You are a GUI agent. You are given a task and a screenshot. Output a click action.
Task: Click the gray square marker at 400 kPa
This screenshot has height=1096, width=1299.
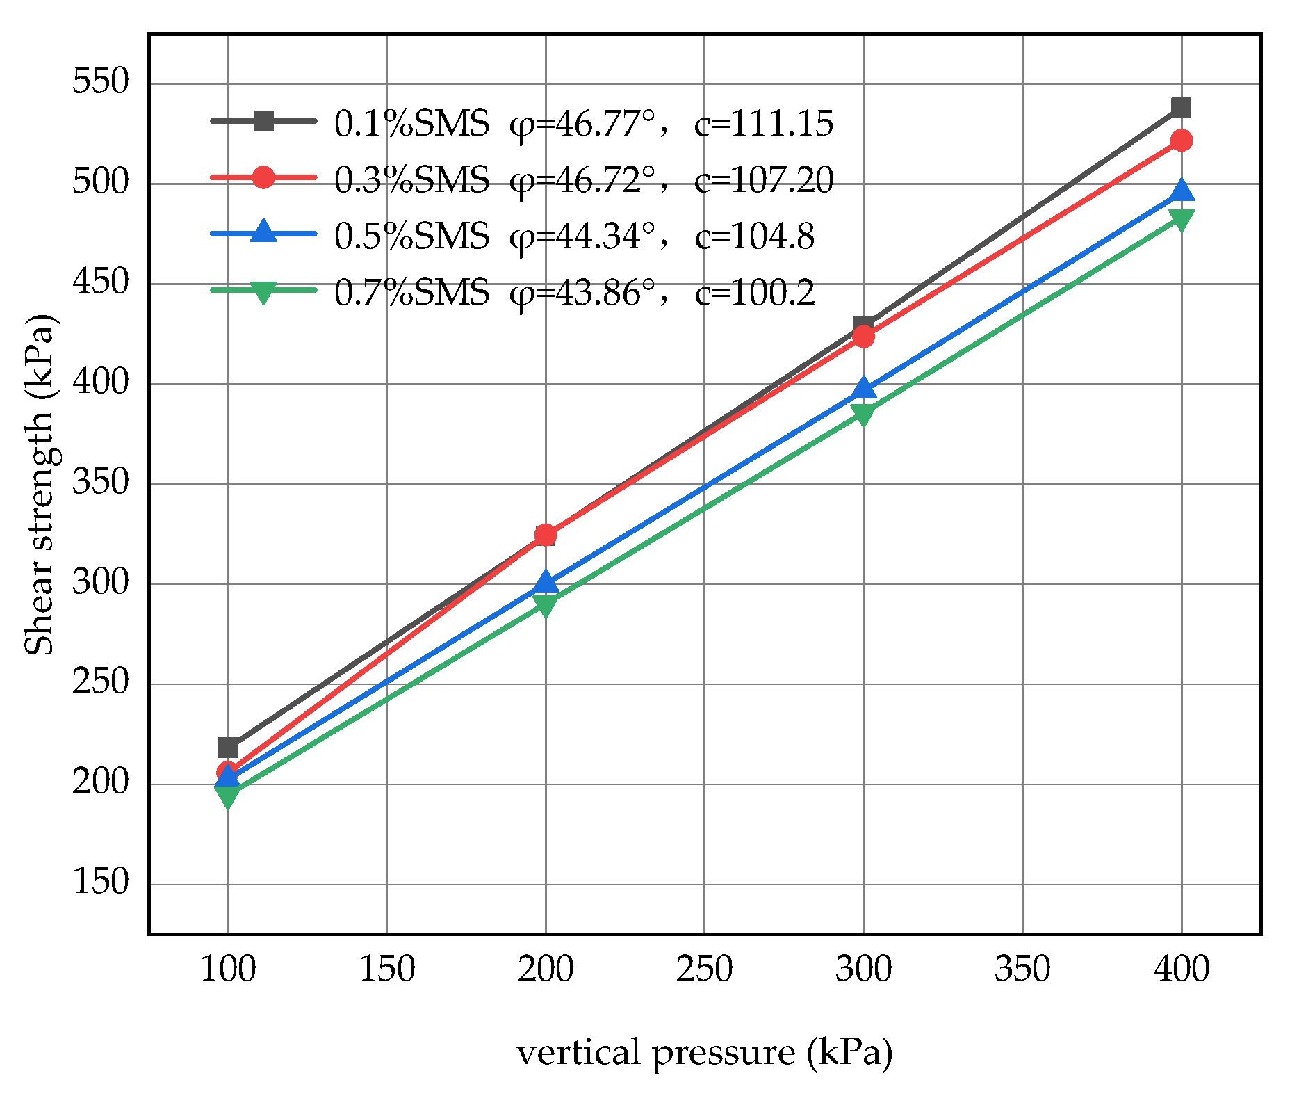click(x=1181, y=108)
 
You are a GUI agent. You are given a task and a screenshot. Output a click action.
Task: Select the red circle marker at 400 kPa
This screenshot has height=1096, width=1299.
click(x=1181, y=141)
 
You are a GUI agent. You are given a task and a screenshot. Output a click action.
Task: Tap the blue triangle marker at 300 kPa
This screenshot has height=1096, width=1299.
click(x=863, y=388)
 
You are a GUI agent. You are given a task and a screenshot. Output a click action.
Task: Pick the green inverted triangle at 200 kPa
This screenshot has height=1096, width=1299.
click(x=546, y=605)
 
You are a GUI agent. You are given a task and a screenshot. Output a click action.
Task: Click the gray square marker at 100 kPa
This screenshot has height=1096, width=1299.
click(x=228, y=748)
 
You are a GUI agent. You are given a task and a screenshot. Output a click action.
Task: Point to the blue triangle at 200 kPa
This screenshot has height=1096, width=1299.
click(x=546, y=581)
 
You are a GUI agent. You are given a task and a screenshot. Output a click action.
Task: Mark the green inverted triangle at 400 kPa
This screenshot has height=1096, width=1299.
click(x=1181, y=220)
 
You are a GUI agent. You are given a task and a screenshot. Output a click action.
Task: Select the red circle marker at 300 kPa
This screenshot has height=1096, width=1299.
click(x=863, y=337)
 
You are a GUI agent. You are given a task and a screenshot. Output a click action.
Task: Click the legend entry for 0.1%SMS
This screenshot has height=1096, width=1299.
click(x=411, y=124)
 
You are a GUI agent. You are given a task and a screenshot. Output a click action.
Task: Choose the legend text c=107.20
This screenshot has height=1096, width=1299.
click(x=763, y=180)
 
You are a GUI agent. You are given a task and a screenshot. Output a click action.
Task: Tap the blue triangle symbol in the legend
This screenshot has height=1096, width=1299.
click(x=263, y=232)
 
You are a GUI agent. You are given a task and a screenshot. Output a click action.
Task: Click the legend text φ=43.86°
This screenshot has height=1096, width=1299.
click(x=582, y=293)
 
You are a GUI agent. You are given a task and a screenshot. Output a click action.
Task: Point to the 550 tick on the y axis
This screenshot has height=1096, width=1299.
click(x=101, y=83)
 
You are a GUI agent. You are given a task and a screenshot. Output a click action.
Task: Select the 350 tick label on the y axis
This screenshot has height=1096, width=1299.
click(x=101, y=483)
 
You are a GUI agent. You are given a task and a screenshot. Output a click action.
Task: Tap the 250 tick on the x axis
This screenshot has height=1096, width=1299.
click(x=704, y=969)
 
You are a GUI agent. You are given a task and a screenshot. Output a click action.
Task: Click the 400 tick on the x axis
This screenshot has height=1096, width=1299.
click(x=1181, y=969)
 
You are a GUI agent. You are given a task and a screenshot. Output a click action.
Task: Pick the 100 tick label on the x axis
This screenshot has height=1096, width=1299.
click(x=228, y=969)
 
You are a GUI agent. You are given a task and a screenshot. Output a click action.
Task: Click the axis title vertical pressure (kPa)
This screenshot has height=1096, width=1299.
click(x=704, y=1052)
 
